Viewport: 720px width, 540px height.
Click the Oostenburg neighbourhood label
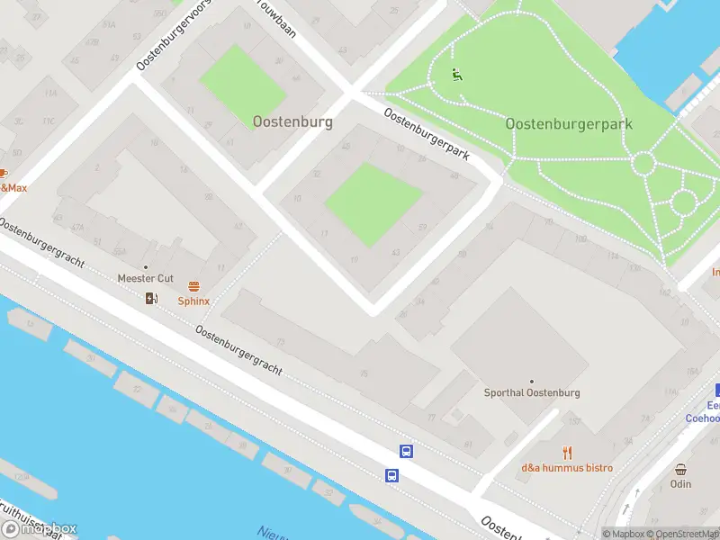(292, 121)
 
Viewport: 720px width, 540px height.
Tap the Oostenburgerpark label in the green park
(569, 124)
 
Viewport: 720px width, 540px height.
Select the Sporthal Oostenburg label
(532, 393)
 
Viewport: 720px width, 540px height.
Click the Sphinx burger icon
(193, 286)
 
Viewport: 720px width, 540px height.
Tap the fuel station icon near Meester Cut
(151, 299)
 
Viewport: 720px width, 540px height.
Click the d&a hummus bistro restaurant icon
(567, 453)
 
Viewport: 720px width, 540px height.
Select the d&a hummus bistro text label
(567, 468)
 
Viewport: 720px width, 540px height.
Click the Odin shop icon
(681, 469)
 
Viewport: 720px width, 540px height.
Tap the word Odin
(681, 484)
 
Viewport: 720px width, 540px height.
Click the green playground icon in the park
(456, 75)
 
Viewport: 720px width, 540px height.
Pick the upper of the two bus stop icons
(407, 452)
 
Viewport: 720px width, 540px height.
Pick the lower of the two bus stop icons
(392, 475)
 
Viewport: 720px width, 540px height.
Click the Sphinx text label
(193, 301)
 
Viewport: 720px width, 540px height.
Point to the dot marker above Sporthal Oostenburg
(532, 382)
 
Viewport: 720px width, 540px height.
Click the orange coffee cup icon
(3, 173)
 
